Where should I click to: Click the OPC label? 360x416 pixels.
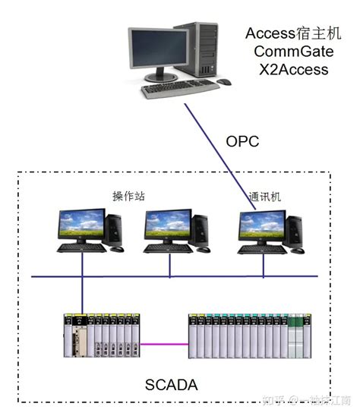pos(242,142)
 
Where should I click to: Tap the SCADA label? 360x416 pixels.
pos(171,385)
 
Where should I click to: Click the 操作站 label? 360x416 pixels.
pos(128,196)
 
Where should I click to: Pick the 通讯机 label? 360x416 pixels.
pos(265,196)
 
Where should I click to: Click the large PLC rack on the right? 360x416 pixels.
pos(251,335)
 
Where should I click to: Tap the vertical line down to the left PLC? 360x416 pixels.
pos(82,292)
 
